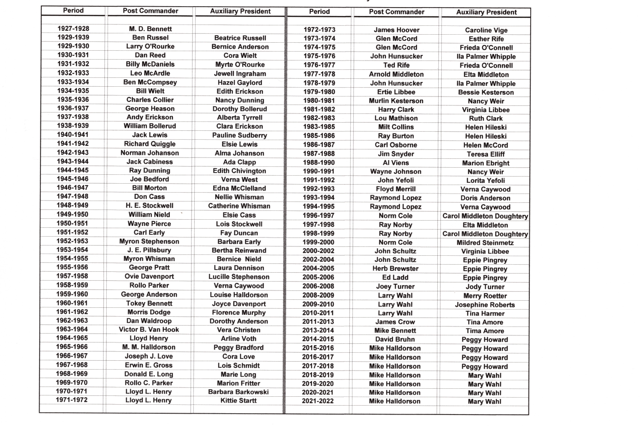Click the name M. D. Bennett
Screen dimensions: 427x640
coord(150,29)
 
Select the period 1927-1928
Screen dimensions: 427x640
coord(73,28)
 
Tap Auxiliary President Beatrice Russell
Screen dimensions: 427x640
coord(240,38)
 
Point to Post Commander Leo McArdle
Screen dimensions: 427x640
coord(150,73)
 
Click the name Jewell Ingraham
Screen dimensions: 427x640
coord(240,73)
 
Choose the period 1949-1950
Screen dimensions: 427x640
coord(72,214)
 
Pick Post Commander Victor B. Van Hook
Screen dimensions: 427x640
coord(149,330)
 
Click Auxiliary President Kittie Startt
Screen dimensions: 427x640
coord(239,400)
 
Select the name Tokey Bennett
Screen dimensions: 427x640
coord(149,303)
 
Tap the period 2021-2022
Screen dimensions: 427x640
coord(318,401)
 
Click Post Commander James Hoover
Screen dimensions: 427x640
coord(396,30)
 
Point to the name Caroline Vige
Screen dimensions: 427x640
coord(486,30)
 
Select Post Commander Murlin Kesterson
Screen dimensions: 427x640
coord(396,101)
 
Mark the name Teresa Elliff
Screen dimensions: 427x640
coord(486,154)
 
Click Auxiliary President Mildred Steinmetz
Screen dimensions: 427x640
coord(485,243)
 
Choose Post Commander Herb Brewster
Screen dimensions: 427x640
coord(396,269)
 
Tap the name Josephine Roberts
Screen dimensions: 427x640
coord(485,305)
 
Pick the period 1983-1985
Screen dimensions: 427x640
coord(319,127)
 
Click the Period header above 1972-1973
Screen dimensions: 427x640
coord(320,12)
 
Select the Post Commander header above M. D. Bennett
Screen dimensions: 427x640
coord(150,11)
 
